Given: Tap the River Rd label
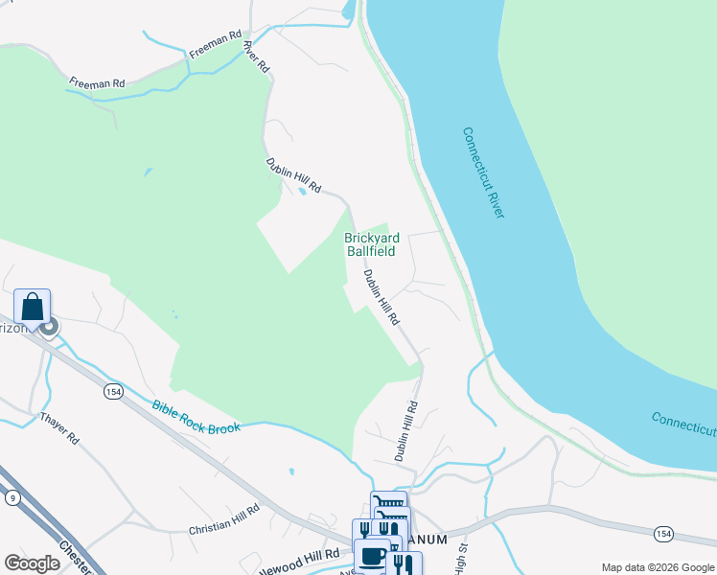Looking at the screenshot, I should [x=256, y=56].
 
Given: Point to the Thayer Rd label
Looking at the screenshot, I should [x=59, y=428].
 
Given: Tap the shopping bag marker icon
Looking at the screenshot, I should [x=32, y=308].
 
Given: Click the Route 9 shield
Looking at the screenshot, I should [x=12, y=497].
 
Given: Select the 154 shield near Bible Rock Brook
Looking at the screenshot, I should [x=113, y=391].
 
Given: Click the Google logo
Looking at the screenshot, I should [x=33, y=563].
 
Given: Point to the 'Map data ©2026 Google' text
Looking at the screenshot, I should [x=658, y=567].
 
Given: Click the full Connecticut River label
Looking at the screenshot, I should [x=483, y=172].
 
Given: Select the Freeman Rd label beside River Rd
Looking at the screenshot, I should [x=215, y=44].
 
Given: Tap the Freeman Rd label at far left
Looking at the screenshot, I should [x=96, y=82].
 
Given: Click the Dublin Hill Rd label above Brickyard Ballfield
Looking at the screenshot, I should [x=293, y=176].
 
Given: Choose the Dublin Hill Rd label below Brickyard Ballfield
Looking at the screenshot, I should [x=381, y=296].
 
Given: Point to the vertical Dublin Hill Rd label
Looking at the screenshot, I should [x=406, y=432].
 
